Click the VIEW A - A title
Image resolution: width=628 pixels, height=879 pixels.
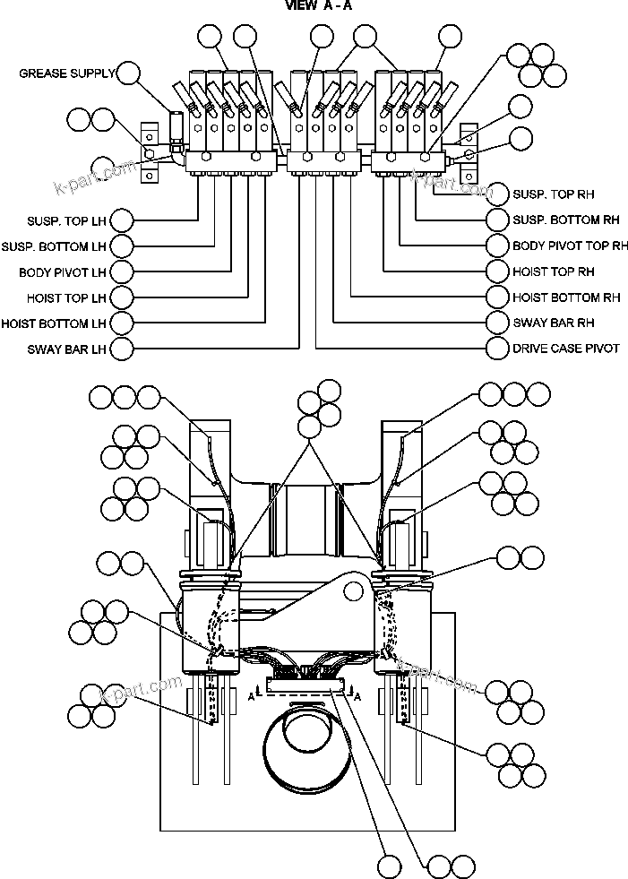[319, 5]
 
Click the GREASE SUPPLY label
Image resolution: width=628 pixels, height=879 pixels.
[66, 73]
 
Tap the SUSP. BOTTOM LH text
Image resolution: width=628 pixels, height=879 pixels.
[55, 246]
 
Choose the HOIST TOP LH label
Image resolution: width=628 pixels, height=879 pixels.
[65, 297]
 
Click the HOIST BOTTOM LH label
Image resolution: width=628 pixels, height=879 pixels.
[55, 323]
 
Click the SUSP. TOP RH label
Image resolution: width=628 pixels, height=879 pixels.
[553, 194]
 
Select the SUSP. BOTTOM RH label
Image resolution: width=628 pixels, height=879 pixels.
[565, 220]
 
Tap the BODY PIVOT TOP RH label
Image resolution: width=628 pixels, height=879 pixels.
[570, 246]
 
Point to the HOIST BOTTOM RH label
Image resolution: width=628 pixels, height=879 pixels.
[566, 297]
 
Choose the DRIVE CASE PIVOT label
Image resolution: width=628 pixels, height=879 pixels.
[565, 349]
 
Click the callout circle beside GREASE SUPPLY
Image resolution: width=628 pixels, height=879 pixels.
[130, 73]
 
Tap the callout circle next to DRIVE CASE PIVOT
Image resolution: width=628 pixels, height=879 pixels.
[498, 348]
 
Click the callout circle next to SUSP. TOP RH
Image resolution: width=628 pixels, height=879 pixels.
[498, 194]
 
